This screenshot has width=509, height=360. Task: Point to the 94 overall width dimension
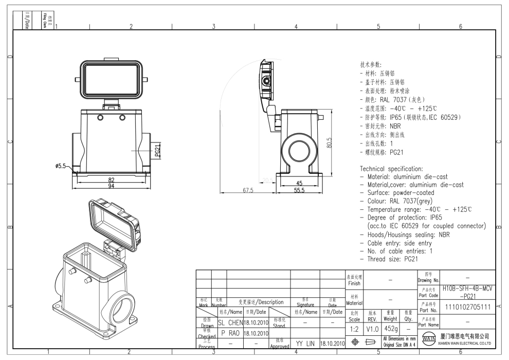111,185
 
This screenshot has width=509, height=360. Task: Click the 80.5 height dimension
329,142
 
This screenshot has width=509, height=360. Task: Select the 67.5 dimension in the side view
249,190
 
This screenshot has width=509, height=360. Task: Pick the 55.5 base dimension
299,190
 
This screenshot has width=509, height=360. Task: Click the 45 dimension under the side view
299,183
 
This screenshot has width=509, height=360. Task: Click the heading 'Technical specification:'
392,169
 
